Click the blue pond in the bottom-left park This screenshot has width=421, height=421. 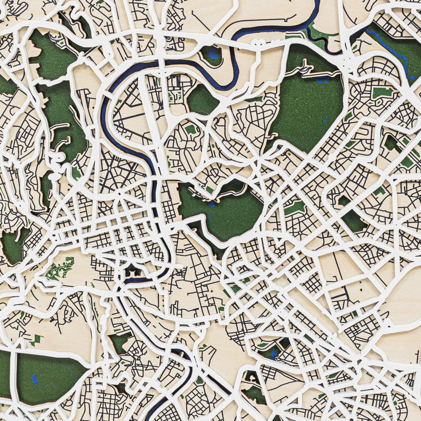click(x=35, y=378)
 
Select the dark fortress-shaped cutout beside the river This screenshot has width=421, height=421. click(x=131, y=272)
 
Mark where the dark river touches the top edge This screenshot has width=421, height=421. click(x=317, y=3)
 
